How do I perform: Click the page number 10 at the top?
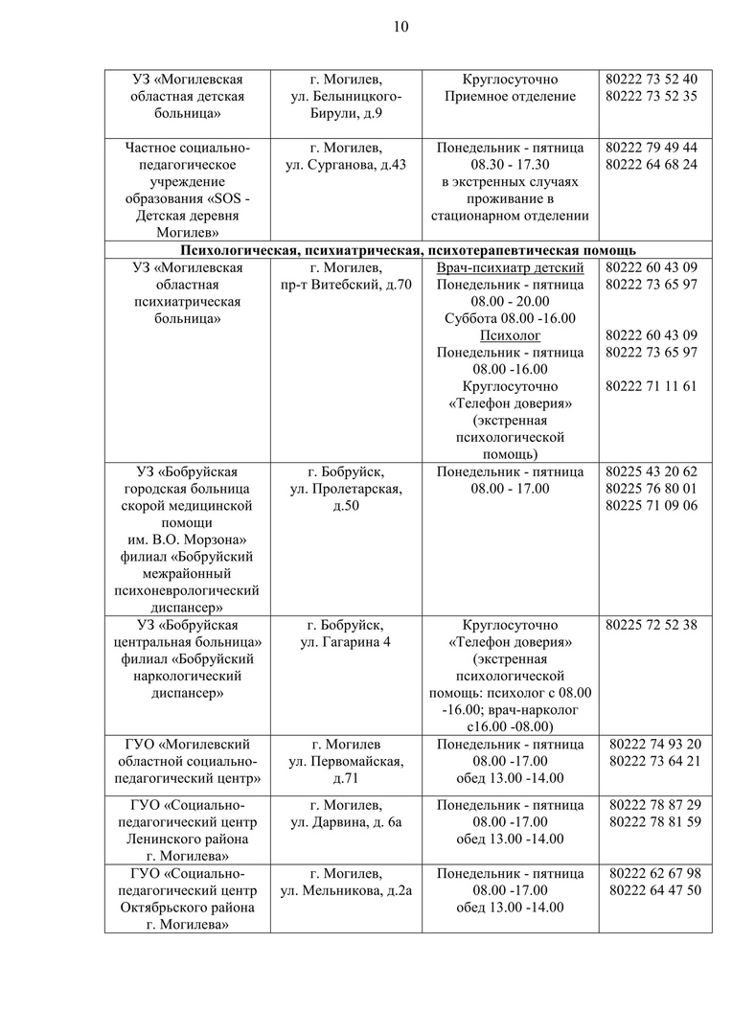pyautogui.click(x=401, y=27)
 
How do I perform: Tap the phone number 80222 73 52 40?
pyautogui.click(x=652, y=79)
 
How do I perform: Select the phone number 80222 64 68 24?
pyautogui.click(x=652, y=165)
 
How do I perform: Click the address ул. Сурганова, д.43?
pyautogui.click(x=346, y=165)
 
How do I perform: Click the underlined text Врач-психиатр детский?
pyautogui.click(x=510, y=267)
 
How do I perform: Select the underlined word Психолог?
pyautogui.click(x=510, y=335)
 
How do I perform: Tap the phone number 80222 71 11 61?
pyautogui.click(x=652, y=386)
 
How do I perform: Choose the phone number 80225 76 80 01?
pyautogui.click(x=652, y=489)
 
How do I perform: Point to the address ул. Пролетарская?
pyautogui.click(x=346, y=489)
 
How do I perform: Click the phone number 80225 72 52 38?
pyautogui.click(x=652, y=625)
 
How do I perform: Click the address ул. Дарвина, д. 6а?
pyautogui.click(x=346, y=821)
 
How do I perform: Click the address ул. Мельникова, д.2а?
pyautogui.click(x=346, y=890)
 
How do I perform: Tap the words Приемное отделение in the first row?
pyautogui.click(x=510, y=96)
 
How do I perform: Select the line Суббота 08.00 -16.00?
pyautogui.click(x=510, y=318)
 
